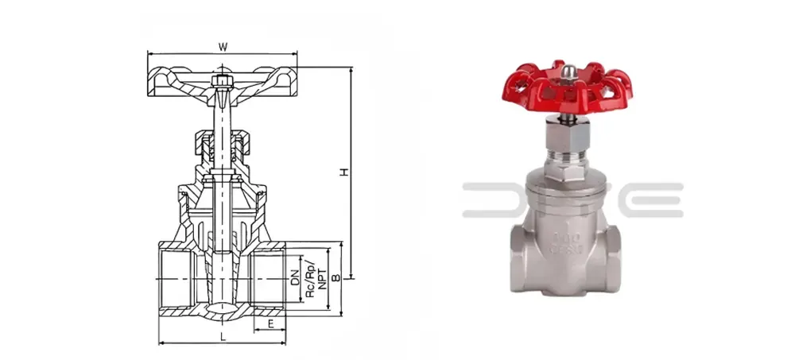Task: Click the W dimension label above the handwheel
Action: coord(223,47)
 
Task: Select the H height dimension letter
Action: coord(343,172)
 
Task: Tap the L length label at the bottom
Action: coord(223,336)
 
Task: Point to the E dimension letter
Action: coord(271,323)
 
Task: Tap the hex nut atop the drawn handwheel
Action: coord(222,79)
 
